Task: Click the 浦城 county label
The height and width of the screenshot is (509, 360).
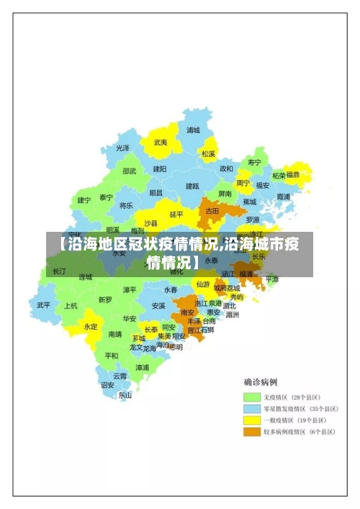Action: (x=193, y=130)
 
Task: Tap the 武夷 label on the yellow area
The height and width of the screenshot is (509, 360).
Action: (x=161, y=143)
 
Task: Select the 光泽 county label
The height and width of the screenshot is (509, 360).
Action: (x=123, y=148)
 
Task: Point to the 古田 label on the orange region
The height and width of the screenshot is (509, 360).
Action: (x=212, y=212)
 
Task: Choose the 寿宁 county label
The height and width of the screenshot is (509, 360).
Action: (x=253, y=162)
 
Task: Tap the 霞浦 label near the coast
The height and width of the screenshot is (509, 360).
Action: (x=283, y=196)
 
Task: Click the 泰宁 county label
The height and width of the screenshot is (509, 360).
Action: (x=106, y=197)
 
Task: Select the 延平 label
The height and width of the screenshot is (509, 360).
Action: (x=176, y=214)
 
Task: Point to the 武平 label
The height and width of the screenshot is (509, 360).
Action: (x=44, y=305)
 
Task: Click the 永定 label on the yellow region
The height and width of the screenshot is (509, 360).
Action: (x=91, y=326)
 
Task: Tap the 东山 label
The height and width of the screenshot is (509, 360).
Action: (x=125, y=395)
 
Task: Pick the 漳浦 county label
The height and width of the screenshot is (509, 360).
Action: (x=143, y=367)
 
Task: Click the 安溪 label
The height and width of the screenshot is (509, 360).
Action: (x=158, y=305)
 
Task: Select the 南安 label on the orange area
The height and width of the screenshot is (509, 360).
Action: (x=188, y=312)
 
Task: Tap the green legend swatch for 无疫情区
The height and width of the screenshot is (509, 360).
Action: (x=251, y=397)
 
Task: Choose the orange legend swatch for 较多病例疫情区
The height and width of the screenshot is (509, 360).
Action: (x=251, y=432)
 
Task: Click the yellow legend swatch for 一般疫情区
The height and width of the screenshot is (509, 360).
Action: (x=251, y=420)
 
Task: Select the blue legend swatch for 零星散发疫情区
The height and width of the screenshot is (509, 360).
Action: (x=251, y=408)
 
